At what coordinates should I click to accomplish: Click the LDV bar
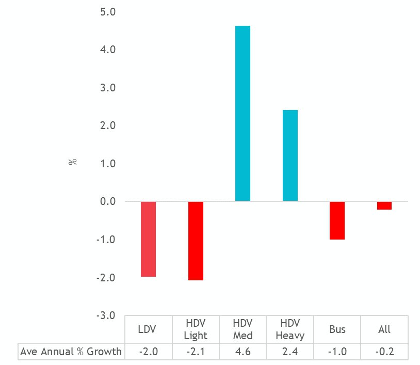pos(148,239)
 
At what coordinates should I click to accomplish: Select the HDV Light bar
pos(196,241)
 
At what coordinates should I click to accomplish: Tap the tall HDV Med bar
pos(243,114)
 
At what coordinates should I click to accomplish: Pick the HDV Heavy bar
pos(290,155)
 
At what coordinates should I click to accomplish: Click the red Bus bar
pos(337,220)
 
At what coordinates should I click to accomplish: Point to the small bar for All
pos(384,205)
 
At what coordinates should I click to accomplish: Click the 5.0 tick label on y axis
pos(107,12)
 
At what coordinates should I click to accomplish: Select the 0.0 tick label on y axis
pos(107,201)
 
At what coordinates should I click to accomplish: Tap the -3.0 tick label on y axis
pos(106,315)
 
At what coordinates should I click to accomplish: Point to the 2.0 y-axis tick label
pos(107,125)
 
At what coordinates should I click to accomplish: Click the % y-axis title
pos(72,162)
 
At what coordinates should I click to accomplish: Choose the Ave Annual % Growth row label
pos(71,352)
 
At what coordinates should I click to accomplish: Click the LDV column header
pos(148,329)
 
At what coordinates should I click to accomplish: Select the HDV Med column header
pos(243,329)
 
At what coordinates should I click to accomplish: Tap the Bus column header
pos(337,329)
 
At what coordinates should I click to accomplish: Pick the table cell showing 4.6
pos(243,352)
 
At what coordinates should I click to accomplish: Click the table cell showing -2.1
pos(196,352)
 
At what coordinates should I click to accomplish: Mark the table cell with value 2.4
pos(290,352)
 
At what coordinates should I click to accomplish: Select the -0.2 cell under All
pos(384,352)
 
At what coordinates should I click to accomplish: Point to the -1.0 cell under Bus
pos(337,352)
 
